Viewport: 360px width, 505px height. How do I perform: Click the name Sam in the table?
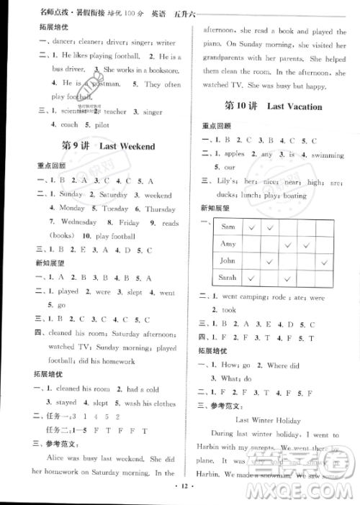click(x=228, y=227)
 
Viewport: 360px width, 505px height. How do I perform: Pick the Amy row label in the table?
click(x=228, y=244)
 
